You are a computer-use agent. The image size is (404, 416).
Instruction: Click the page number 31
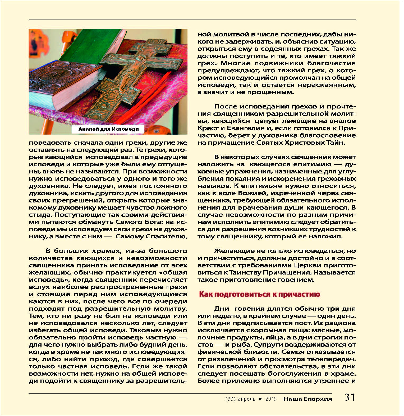(350, 397)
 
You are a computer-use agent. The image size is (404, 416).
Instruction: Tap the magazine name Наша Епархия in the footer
(307, 399)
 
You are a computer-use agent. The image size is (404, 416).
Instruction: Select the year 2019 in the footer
(271, 399)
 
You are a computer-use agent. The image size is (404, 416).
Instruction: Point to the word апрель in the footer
(246, 399)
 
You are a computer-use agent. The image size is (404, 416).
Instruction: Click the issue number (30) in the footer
(230, 399)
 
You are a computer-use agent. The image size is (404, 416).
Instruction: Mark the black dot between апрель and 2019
(260, 399)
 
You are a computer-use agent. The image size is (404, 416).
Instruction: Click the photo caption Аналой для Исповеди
(109, 129)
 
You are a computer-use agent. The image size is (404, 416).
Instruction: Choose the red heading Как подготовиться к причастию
(259, 294)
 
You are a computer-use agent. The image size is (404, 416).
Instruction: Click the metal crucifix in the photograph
(132, 77)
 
